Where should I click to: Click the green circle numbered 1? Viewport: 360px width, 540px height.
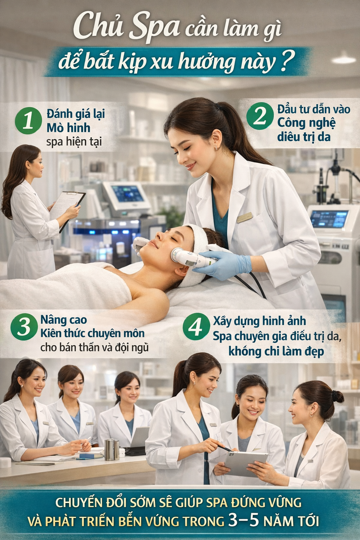(28, 121)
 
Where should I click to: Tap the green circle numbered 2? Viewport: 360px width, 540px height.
(260, 116)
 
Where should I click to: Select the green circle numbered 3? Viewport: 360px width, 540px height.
(24, 327)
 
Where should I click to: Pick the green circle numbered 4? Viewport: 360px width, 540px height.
(196, 326)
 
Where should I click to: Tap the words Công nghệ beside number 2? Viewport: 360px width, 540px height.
(306, 123)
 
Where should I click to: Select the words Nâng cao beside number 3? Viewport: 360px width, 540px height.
(64, 320)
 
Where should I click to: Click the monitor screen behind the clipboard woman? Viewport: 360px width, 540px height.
(127, 194)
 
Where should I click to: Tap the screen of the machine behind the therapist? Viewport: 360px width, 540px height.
(329, 219)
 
